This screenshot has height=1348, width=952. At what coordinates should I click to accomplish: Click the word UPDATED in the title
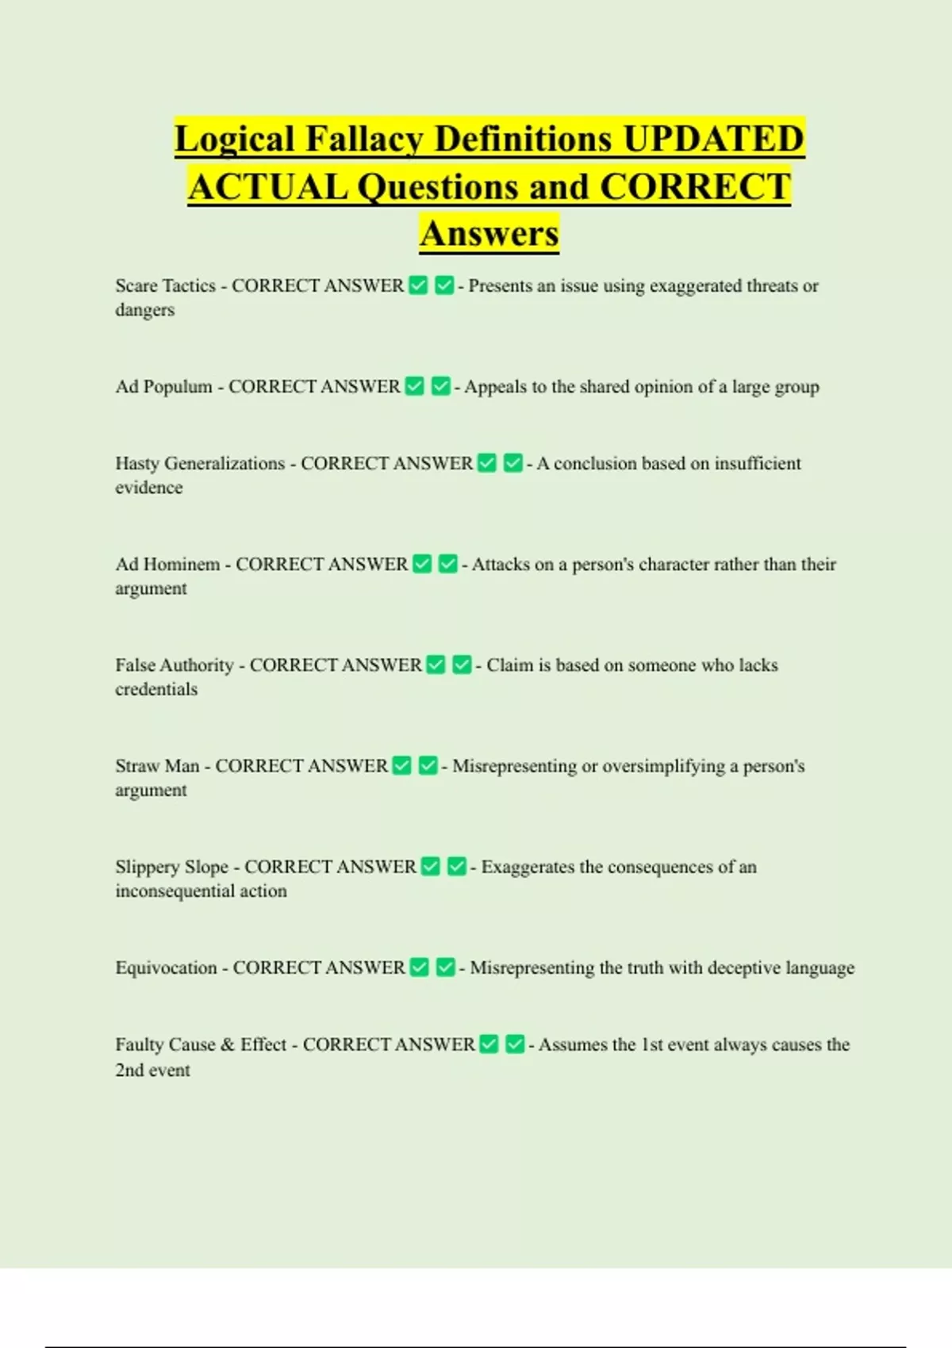point(714,140)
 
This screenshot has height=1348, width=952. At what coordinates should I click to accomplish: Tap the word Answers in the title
point(489,234)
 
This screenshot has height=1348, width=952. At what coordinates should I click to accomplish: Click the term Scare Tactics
point(165,286)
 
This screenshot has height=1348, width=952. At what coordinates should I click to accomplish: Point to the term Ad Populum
point(163,387)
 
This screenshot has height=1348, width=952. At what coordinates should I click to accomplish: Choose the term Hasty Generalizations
point(200,464)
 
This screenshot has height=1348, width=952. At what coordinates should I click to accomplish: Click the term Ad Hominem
point(167,565)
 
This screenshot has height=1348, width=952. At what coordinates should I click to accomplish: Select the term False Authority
point(175,665)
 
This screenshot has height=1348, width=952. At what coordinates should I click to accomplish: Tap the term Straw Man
point(157,766)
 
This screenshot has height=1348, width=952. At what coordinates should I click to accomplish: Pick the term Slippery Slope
point(171,867)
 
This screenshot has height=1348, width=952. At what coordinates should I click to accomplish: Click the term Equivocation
point(166,968)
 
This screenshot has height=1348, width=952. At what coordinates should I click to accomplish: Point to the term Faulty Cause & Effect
point(201,1045)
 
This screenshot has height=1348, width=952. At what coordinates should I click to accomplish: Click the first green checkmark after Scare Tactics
point(418,285)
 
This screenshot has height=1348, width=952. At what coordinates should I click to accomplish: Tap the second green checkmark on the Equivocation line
point(446,967)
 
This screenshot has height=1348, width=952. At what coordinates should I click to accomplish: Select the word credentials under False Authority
point(156,690)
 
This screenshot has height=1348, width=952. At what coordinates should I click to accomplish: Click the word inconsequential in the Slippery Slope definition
point(175,891)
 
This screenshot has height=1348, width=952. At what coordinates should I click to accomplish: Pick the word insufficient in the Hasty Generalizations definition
point(758,464)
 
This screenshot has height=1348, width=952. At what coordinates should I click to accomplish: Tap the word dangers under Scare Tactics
point(144,310)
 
